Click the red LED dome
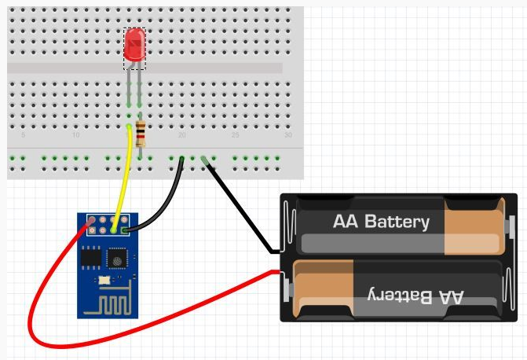click(x=135, y=45)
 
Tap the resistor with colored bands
click(x=140, y=135)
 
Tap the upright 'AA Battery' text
click(x=381, y=222)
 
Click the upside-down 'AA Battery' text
click(x=416, y=296)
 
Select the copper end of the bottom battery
click(x=318, y=289)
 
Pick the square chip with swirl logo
click(x=116, y=257)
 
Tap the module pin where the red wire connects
click(x=93, y=221)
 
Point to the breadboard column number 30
click(x=287, y=135)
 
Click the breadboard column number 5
click(x=23, y=135)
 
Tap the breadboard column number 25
click(x=235, y=135)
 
